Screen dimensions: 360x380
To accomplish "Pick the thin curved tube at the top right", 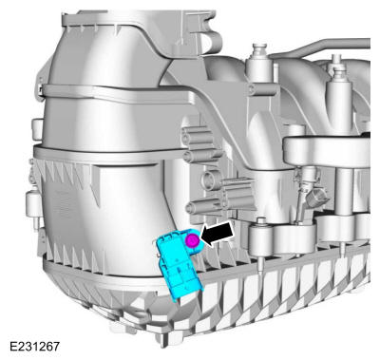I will coord(323,45).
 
